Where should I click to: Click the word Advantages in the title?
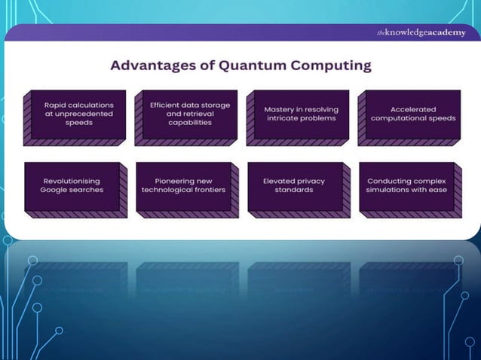(147, 66)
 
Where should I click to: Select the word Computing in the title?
(328, 66)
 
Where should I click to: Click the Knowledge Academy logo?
(421, 32)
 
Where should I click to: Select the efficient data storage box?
(188, 114)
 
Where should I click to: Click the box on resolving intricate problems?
(301, 114)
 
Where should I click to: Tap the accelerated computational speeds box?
(412, 114)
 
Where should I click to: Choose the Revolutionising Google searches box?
(72, 186)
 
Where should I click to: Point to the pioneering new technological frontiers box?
(184, 186)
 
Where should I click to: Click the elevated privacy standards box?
(296, 186)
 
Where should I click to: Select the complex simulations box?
(407, 186)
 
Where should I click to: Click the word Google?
(56, 190)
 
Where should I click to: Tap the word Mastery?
(279, 110)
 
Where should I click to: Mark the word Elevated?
(280, 182)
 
